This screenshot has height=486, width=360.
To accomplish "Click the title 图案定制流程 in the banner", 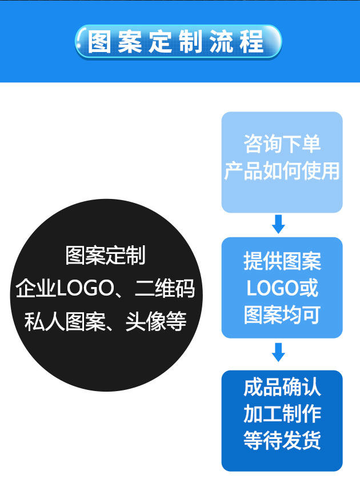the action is tap(178, 42).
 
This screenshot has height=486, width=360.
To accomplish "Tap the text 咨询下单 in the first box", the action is tap(282, 144).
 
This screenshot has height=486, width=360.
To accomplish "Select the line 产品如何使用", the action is tap(282, 171).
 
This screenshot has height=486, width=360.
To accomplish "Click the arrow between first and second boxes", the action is tap(278, 224).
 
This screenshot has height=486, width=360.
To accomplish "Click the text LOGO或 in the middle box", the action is tap(282, 288).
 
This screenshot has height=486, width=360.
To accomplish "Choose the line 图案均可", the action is tap(282, 315).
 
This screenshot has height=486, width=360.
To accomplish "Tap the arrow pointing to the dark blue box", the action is tap(278, 352).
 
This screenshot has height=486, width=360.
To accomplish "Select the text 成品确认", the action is tap(282, 387).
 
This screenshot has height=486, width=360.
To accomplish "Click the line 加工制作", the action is tap(282, 413).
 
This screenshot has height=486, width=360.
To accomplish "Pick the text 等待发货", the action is tap(282, 440).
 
